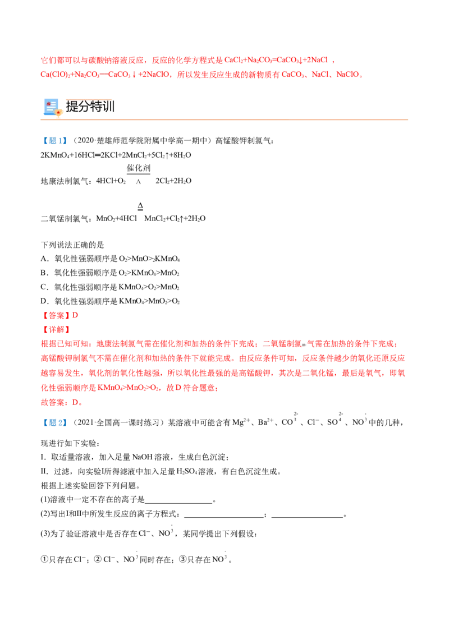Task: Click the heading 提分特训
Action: point(90,107)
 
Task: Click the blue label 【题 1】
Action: point(54,141)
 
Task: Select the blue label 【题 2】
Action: point(54,422)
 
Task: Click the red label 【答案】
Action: point(56,315)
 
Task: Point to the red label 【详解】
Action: point(56,330)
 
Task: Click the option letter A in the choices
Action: point(44,259)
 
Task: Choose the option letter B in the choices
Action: point(44,273)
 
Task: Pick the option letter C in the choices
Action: point(44,287)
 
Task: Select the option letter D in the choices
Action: point(44,301)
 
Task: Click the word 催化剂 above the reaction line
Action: point(138,168)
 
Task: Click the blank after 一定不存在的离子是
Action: point(178,500)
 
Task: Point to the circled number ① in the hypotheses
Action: point(44,560)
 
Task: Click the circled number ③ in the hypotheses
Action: point(183,560)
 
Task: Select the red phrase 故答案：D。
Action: point(62,402)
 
